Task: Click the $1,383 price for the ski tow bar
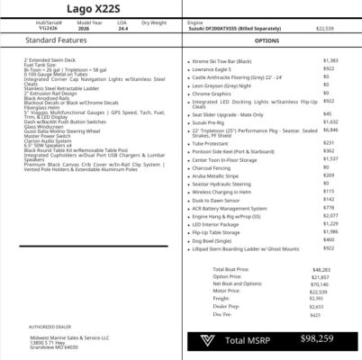(329, 59)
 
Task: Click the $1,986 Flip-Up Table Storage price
(329, 231)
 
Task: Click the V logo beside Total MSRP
(208, 340)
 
